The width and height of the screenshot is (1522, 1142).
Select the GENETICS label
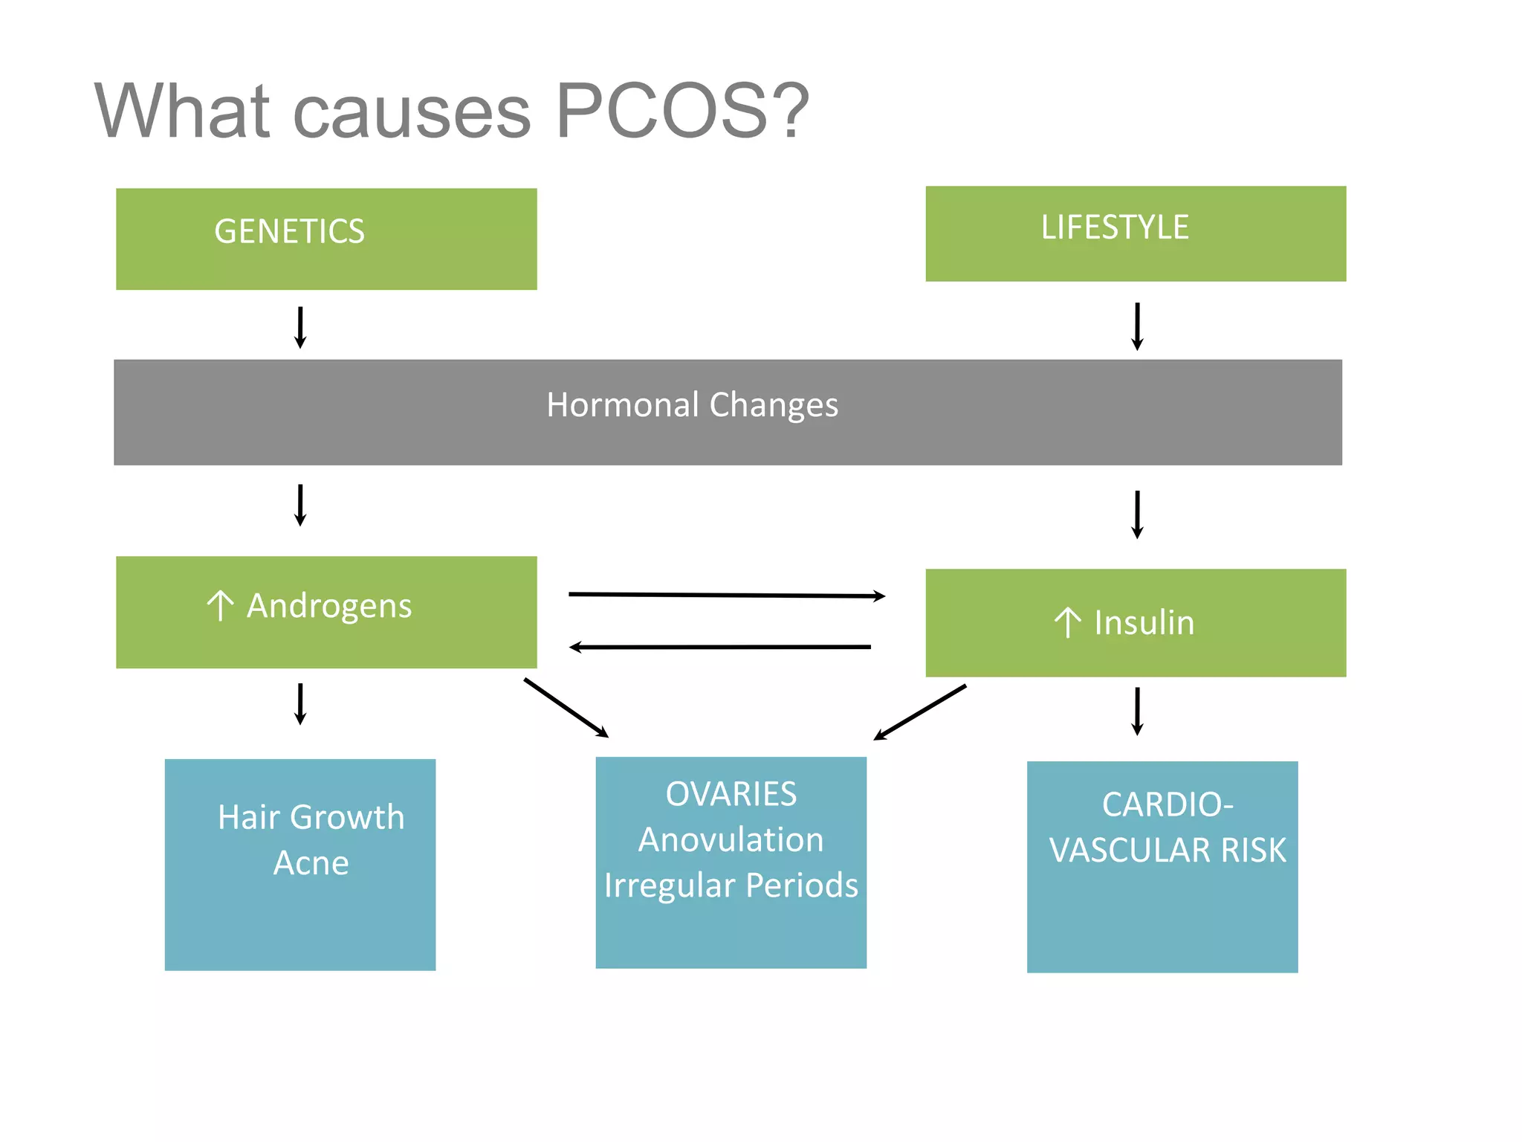coord(289,231)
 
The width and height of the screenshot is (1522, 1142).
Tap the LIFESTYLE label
coord(1114,228)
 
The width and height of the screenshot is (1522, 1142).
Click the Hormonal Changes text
coord(692,405)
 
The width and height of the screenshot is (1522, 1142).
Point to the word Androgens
coord(329,606)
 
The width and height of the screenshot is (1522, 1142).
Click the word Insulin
coord(1144,623)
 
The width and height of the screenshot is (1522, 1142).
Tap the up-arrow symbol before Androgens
coord(220,605)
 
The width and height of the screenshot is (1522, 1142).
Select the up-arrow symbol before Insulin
coord(1067,623)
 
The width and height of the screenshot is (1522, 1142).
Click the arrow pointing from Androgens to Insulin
coord(726,595)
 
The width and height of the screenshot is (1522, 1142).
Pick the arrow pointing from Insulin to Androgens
coord(719,647)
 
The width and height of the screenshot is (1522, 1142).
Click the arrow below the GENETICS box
coord(300,327)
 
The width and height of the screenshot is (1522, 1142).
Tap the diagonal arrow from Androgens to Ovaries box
coord(566,707)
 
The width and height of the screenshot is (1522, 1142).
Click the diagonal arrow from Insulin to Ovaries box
coord(920,712)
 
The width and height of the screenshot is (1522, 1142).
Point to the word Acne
coord(311,863)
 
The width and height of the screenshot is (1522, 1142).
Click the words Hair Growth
coord(311,817)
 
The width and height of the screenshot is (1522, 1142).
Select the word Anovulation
coord(731,840)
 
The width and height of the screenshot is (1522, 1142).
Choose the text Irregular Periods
coord(731,885)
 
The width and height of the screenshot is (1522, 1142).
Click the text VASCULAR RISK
coord(1167,851)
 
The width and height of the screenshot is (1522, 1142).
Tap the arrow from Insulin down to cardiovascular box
coord(1136,711)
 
